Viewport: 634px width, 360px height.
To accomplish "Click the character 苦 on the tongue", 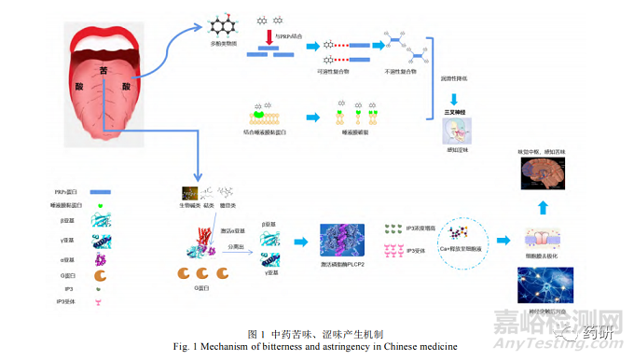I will pyautogui.click(x=105, y=73).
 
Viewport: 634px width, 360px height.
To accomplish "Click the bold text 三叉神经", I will pyautogui.click(x=454, y=111).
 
